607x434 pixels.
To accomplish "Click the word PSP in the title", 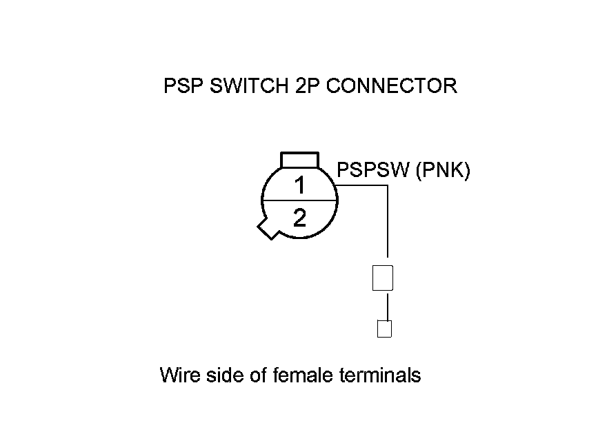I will pyautogui.click(x=183, y=86).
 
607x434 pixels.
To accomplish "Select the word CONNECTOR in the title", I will pyautogui.click(x=390, y=86).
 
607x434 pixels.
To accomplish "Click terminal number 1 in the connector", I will pyautogui.click(x=299, y=185).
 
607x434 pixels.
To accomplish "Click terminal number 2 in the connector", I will pyautogui.click(x=299, y=218).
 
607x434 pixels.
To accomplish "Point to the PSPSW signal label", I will pyautogui.click(x=372, y=170).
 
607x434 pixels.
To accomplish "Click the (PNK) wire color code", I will pyautogui.click(x=443, y=170).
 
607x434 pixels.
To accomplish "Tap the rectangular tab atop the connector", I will pyautogui.click(x=299, y=160).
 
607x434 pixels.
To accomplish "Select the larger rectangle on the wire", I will pyautogui.click(x=382, y=278).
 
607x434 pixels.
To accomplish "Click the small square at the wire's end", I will pyautogui.click(x=384, y=329).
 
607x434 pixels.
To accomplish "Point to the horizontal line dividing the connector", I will pyautogui.click(x=299, y=201).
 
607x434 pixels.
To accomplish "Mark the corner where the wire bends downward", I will pyautogui.click(x=388, y=185).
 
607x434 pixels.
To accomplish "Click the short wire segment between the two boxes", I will pyautogui.click(x=388, y=306).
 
